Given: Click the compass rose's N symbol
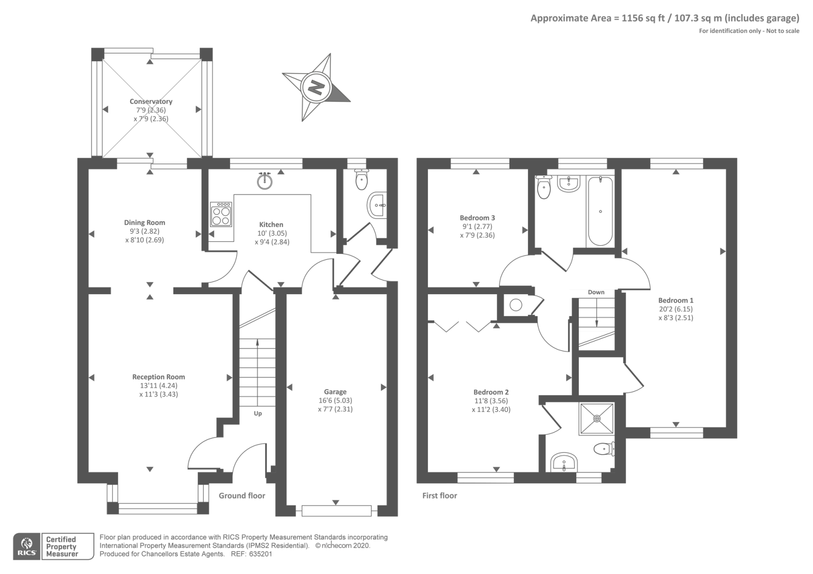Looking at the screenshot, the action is (x=316, y=87).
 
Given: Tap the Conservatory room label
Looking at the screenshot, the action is (x=151, y=102).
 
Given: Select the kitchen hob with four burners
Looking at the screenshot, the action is (x=221, y=214).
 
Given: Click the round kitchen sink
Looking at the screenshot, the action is (x=265, y=180).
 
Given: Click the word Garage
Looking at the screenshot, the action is (x=335, y=392).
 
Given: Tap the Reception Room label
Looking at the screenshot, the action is (x=159, y=377).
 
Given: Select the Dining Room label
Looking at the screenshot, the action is (x=145, y=222).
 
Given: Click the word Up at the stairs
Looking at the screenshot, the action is (x=258, y=413).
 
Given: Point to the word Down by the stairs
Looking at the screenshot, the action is (x=596, y=292).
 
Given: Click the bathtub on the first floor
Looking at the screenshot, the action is (x=600, y=211).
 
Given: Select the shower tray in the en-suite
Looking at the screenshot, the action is (x=597, y=419).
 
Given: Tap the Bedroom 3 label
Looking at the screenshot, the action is (x=478, y=218).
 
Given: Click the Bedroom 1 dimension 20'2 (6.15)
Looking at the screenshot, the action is (x=676, y=309).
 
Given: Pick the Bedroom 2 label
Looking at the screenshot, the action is (x=491, y=392).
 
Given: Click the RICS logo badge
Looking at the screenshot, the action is (x=27, y=547).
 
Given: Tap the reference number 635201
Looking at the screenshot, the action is (x=261, y=554).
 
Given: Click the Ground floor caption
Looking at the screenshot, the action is (x=242, y=496).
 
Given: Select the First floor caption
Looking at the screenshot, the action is (x=440, y=496).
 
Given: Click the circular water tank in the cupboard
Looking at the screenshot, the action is (x=516, y=305).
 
